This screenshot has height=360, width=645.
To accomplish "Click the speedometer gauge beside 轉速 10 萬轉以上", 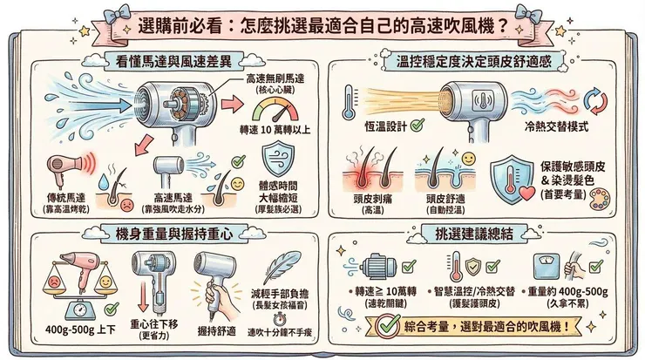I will tap(273, 112).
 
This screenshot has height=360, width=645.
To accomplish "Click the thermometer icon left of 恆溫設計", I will tap(350, 102).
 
